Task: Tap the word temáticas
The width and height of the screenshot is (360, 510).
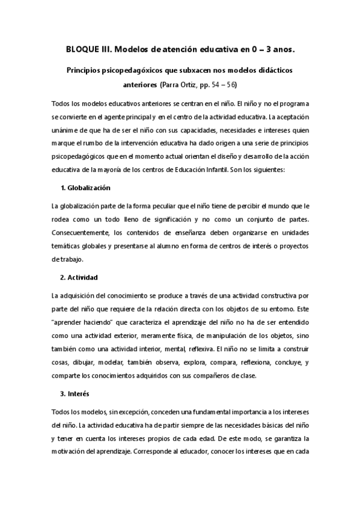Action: (69, 245)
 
